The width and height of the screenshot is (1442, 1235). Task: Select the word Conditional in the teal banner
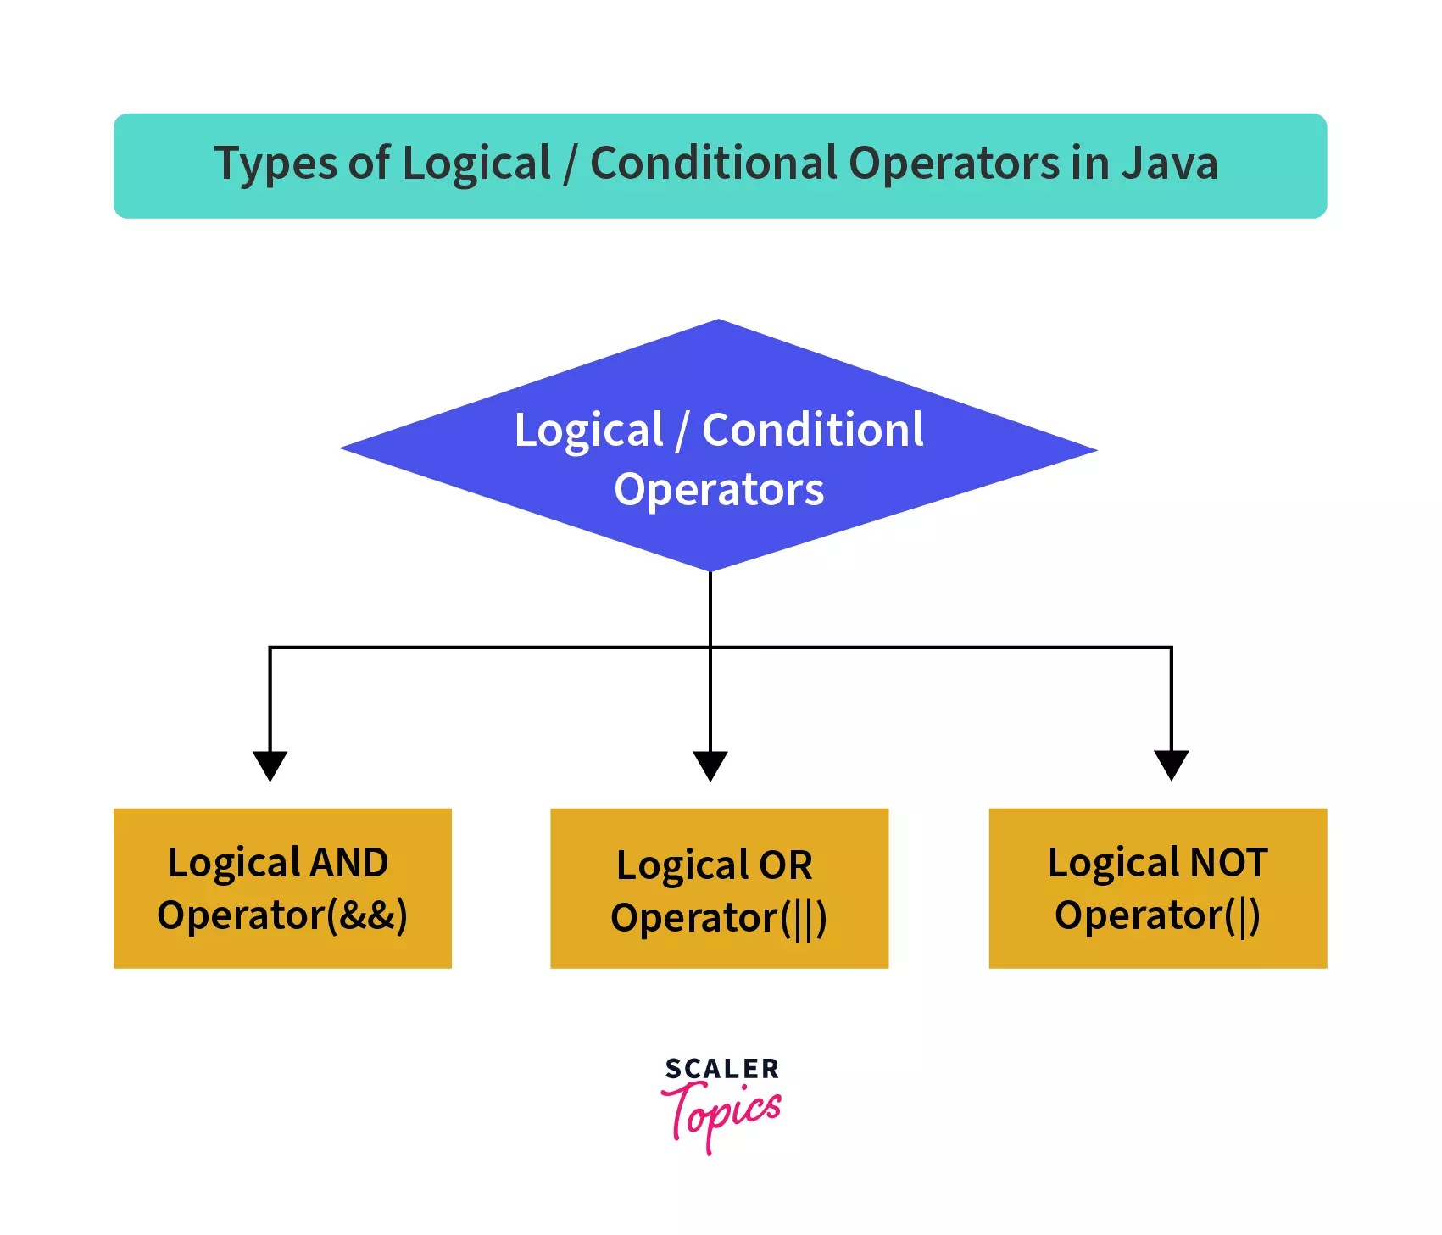[x=713, y=163]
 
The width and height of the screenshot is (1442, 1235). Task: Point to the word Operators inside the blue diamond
[x=719, y=489]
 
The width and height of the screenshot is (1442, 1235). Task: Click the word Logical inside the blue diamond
[x=588, y=430]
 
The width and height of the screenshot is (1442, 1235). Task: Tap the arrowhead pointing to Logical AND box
[x=270, y=765]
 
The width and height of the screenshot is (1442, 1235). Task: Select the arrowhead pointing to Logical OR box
[x=710, y=765]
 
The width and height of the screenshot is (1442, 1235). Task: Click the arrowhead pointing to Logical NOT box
[x=1172, y=765]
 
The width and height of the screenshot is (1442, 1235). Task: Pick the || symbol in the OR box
[x=804, y=919]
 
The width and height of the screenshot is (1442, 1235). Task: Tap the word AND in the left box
[x=349, y=863]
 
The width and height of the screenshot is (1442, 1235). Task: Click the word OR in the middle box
[x=785, y=865]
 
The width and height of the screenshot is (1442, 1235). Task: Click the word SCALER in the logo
[x=721, y=1069]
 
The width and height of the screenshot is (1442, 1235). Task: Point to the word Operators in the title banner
[x=954, y=163]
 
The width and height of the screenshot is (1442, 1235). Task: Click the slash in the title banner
[x=570, y=163]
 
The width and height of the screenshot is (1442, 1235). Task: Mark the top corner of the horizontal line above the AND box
[x=270, y=648]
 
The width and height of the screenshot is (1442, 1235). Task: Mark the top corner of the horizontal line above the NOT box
[x=1172, y=648]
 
